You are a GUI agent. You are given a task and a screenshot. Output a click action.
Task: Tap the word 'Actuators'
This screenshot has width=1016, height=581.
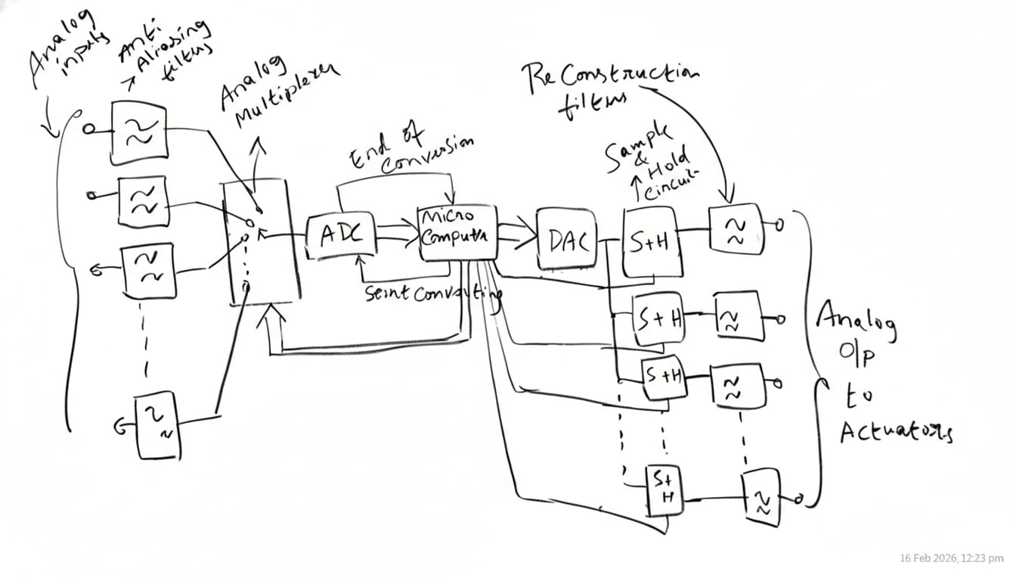[896, 433]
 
